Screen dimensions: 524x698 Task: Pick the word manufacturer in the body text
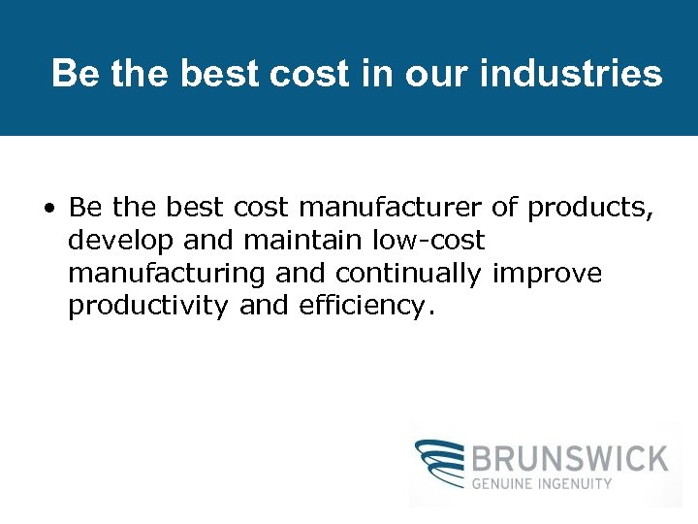(x=390, y=208)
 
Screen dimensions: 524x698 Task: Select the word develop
(x=115, y=241)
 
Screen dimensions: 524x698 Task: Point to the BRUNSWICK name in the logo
(x=570, y=457)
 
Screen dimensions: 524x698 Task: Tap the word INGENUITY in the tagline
(x=578, y=483)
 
